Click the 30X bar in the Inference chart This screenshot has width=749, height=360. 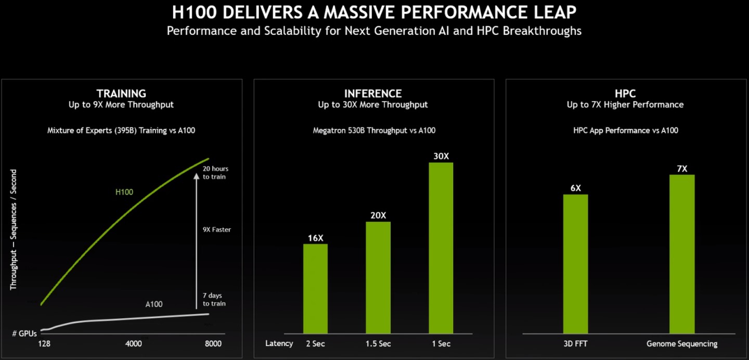[x=441, y=248]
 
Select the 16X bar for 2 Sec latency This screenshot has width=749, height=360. [x=315, y=288]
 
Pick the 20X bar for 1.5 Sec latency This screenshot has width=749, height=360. [x=378, y=277]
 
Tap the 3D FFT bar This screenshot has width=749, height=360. [x=575, y=264]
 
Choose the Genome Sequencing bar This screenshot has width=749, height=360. [x=681, y=254]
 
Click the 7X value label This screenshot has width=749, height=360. [x=682, y=169]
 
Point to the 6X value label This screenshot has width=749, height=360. [x=575, y=188]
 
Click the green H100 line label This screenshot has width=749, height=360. [x=124, y=192]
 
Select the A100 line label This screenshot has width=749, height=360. [x=153, y=304]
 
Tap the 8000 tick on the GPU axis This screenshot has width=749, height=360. [x=213, y=344]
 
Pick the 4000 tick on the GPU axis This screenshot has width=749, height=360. [x=134, y=344]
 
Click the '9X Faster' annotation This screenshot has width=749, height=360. [x=216, y=229]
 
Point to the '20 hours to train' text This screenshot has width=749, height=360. [x=215, y=173]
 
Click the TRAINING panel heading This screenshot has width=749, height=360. [x=121, y=94]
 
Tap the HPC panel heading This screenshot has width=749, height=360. [x=625, y=94]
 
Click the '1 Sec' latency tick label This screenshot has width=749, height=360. [x=441, y=344]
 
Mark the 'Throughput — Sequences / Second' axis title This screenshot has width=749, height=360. [x=14, y=229]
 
